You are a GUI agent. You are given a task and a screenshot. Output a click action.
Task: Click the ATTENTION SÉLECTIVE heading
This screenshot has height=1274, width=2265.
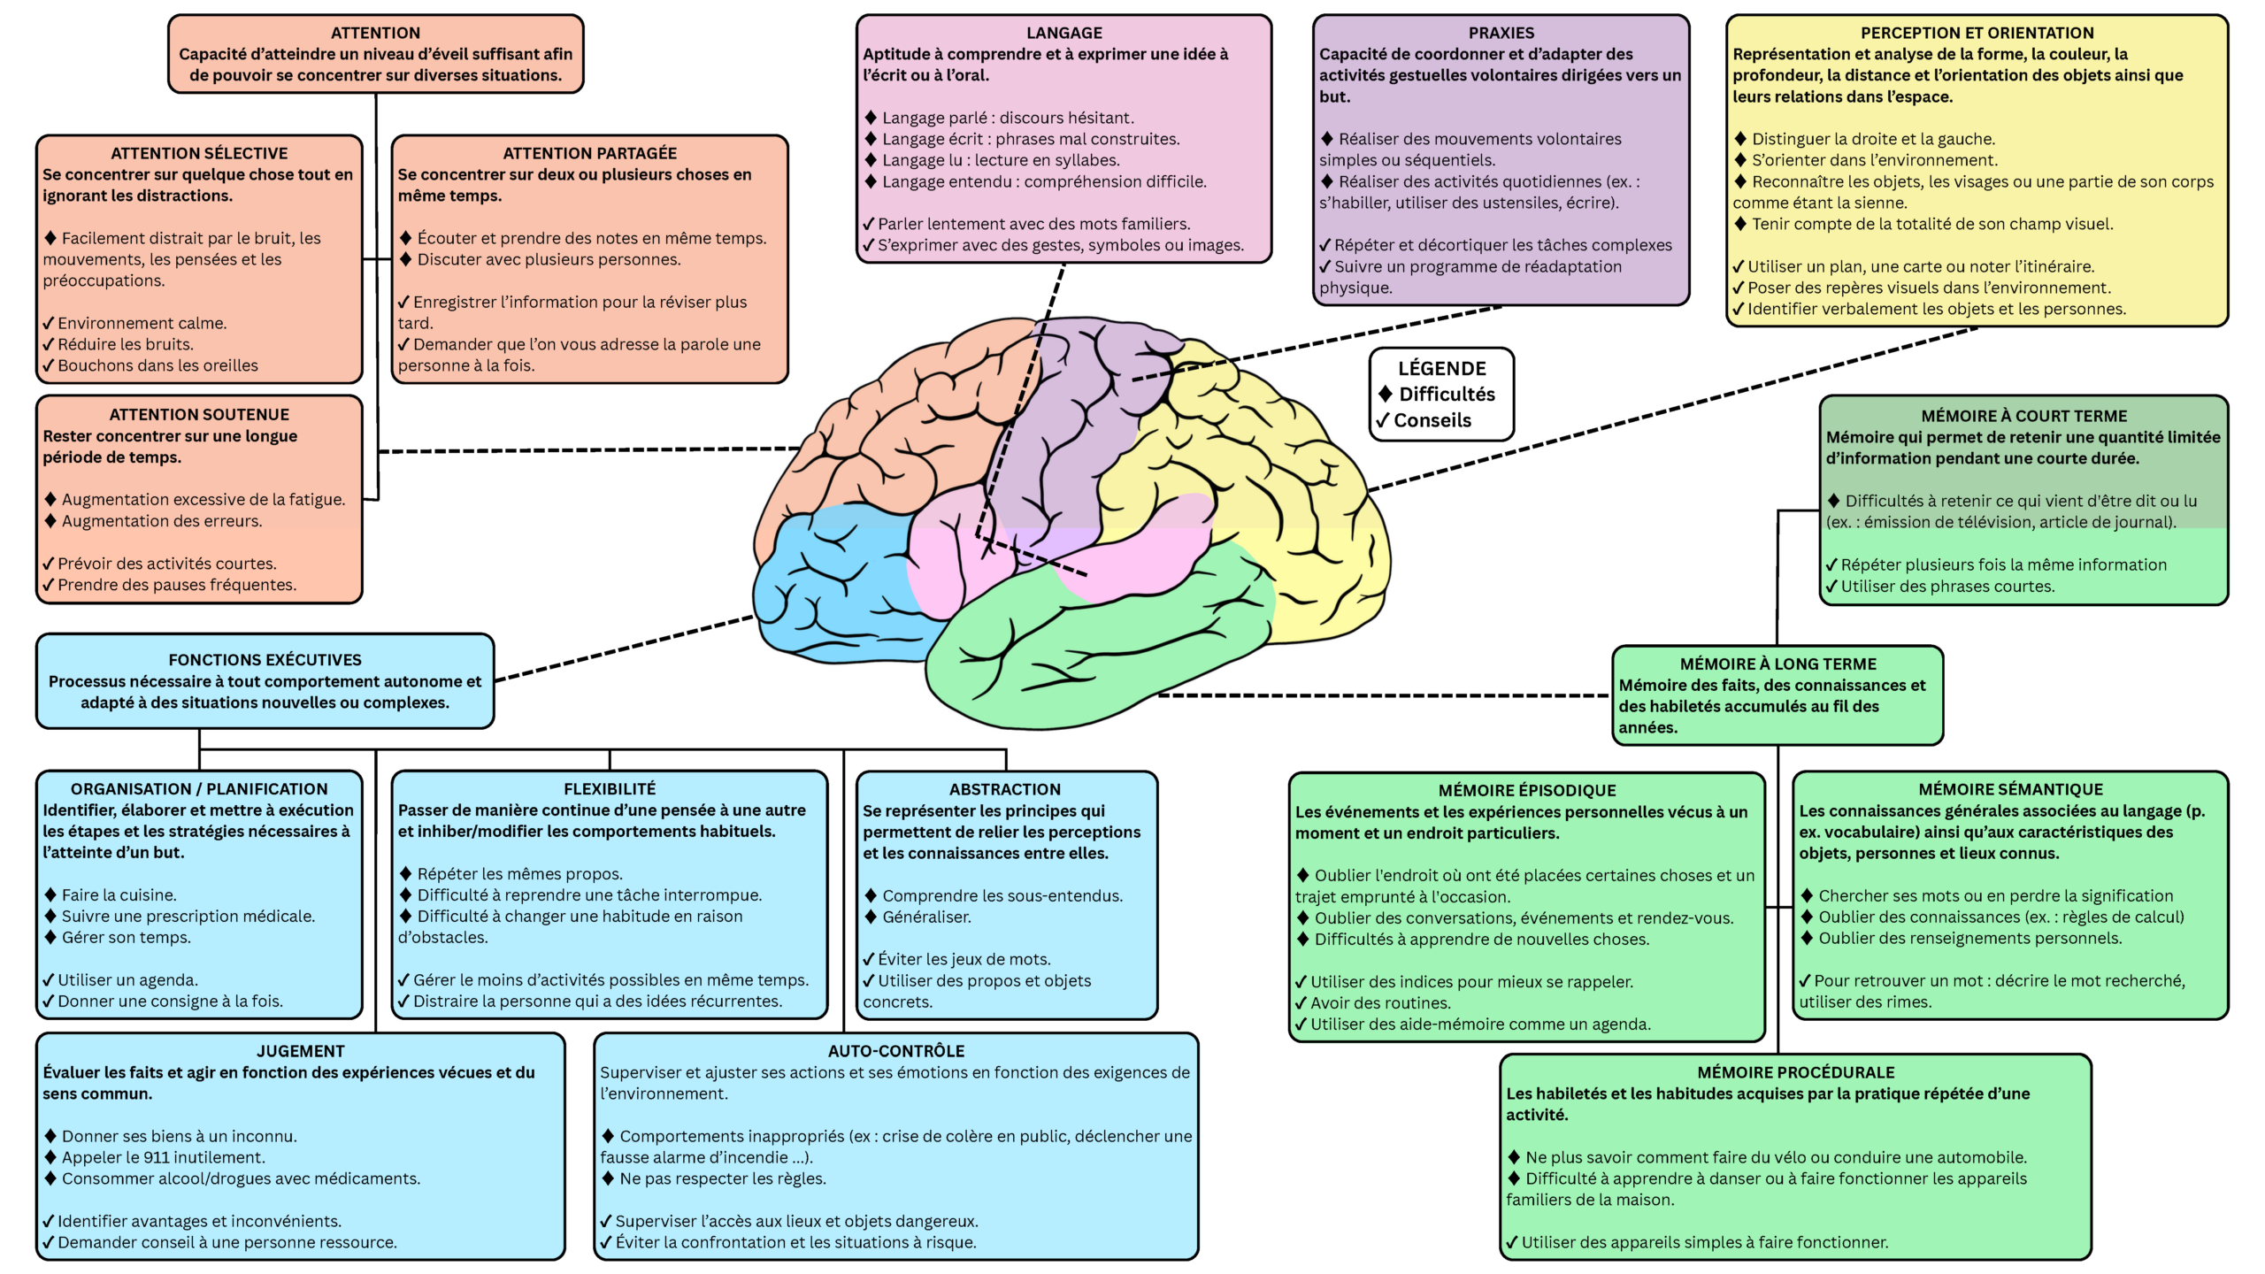(x=199, y=153)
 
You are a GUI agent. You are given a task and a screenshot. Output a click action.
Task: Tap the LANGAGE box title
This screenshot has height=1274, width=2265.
(x=1063, y=33)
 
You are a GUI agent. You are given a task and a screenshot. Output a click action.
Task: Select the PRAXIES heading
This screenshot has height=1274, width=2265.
(x=1501, y=33)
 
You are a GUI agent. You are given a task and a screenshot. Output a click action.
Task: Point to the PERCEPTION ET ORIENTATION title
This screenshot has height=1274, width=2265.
(x=1977, y=33)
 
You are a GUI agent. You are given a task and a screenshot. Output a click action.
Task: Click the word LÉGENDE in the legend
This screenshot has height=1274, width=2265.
(x=1441, y=368)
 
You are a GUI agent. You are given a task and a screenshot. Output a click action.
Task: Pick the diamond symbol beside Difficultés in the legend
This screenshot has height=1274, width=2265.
(x=1385, y=394)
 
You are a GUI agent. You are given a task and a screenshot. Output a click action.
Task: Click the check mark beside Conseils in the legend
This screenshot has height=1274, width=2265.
(x=1382, y=420)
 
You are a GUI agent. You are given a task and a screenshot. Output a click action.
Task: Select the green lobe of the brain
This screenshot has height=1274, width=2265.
(x=1106, y=655)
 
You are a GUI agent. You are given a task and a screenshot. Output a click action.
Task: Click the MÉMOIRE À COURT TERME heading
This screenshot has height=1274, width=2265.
(x=2023, y=416)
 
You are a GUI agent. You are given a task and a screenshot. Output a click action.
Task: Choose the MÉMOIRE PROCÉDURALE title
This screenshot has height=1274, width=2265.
(x=1795, y=1072)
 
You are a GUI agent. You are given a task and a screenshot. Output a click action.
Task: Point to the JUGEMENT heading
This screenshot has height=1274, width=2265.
(x=300, y=1051)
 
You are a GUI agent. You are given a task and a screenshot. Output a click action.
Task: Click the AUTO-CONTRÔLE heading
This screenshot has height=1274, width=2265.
(x=895, y=1051)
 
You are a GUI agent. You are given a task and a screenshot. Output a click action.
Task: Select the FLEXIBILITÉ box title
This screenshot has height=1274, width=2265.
(x=610, y=789)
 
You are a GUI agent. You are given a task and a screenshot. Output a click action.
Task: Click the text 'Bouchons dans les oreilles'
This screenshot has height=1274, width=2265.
(x=157, y=365)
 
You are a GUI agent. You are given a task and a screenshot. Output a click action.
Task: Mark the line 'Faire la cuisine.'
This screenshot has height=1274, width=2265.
(x=119, y=895)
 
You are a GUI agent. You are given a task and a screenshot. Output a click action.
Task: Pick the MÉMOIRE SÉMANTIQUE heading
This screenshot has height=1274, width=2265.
(x=2010, y=789)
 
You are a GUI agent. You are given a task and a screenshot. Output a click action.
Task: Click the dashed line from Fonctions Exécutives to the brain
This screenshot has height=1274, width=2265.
(x=624, y=649)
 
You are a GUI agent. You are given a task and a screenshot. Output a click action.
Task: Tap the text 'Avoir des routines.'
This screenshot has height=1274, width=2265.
(x=1380, y=1003)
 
